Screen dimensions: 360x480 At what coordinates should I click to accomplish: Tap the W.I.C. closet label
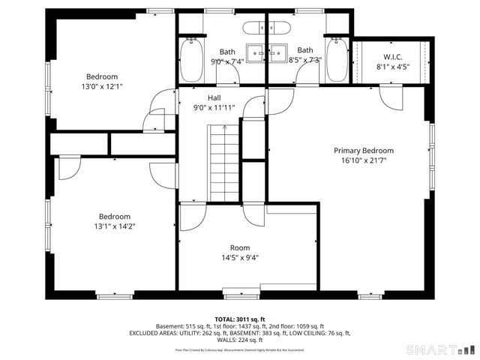[x=392, y=56]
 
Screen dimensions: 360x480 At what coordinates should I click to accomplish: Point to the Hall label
[x=214, y=97]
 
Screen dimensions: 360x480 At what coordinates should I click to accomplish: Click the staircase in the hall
[x=223, y=162]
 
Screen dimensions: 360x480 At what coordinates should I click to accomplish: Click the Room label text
[x=240, y=247]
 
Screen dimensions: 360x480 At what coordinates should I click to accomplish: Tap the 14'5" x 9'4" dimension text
[x=240, y=258]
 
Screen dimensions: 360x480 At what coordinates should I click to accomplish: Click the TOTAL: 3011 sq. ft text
[x=240, y=319]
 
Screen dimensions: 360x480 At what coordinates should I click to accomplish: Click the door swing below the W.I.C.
[x=391, y=96]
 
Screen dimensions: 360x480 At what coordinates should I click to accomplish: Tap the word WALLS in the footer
[x=224, y=340]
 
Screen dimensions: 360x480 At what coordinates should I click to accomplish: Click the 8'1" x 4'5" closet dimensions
[x=392, y=66]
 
